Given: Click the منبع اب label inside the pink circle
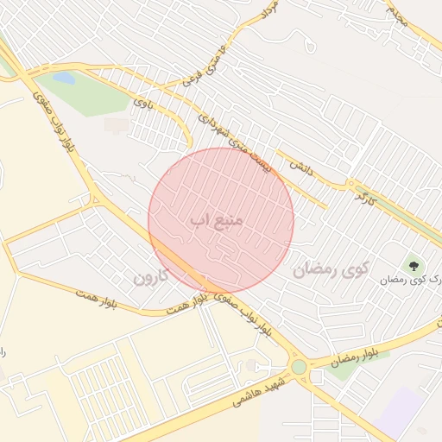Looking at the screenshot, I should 217,221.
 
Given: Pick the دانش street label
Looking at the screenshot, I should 300,167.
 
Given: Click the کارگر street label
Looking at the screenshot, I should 365,197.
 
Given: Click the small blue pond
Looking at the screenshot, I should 63,79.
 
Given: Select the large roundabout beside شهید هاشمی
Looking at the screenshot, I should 300,367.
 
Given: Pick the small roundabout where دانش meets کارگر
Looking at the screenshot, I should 350,184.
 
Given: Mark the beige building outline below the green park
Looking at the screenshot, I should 117,126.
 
